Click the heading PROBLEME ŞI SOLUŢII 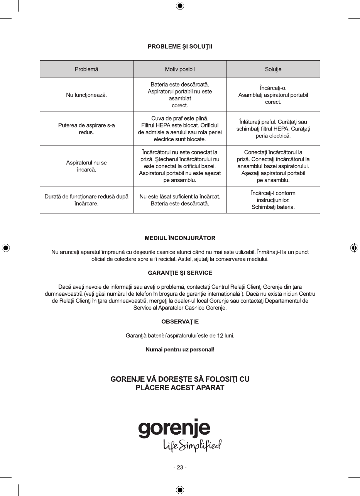pyautogui.click(x=180, y=47)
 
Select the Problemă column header pyautogui.click(x=86, y=69)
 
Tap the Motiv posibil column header pyautogui.click(x=180, y=69)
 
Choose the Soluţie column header pyautogui.click(x=273, y=69)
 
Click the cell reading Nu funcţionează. pyautogui.click(x=86, y=95)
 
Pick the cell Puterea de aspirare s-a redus pyautogui.click(x=86, y=129)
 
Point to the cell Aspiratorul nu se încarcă pyautogui.click(x=86, y=166)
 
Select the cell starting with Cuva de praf pyautogui.click(x=180, y=128)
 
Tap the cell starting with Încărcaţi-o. pyautogui.click(x=273, y=95)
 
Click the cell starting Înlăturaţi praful pyautogui.click(x=273, y=129)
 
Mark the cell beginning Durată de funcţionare pyautogui.click(x=86, y=200)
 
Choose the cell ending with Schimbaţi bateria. pyautogui.click(x=273, y=200)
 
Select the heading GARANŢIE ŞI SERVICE pyautogui.click(x=180, y=273)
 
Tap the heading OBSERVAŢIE pyautogui.click(x=180, y=321)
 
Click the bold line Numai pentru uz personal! pyautogui.click(x=180, y=350)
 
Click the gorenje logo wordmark pyautogui.click(x=174, y=429)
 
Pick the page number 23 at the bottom pyautogui.click(x=180, y=467)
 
